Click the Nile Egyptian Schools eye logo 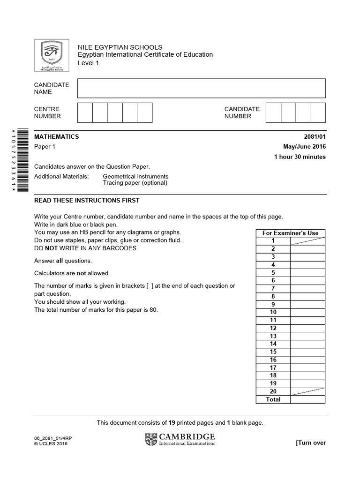coord(52,56)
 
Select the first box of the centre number coord(85,113)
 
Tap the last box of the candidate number coord(318,113)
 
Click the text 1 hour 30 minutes coord(300,157)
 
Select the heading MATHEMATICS coord(57,137)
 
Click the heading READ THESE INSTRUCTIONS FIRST coord(87,201)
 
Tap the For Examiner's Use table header coord(290,233)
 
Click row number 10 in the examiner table coord(273,312)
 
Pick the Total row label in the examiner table coord(273,399)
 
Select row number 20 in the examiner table coord(273,391)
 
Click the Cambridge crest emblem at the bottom coord(151,440)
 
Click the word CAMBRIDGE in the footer coord(187,436)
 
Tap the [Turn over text coord(310,443)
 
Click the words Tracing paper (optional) coord(135,183)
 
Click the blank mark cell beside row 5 coord(307,273)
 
